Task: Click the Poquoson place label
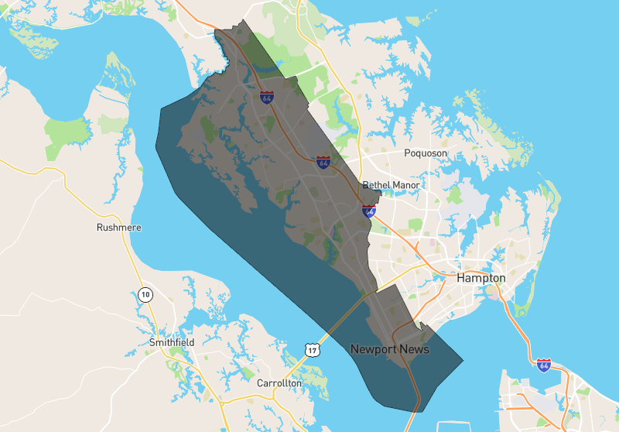[426, 153]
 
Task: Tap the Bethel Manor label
[392, 186]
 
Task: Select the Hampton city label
[480, 278]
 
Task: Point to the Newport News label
[390, 349]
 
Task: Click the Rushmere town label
[116, 228]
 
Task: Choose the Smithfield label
[172, 342]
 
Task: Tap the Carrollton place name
[280, 383]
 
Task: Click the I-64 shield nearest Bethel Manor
[369, 210]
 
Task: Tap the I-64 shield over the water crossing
[544, 364]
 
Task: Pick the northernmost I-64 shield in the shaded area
[267, 98]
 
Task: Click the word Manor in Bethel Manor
[407, 186]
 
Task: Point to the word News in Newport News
[414, 349]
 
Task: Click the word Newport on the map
[374, 349]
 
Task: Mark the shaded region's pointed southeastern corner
[463, 360]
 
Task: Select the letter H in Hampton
[461, 278]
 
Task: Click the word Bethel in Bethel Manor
[377, 186]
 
